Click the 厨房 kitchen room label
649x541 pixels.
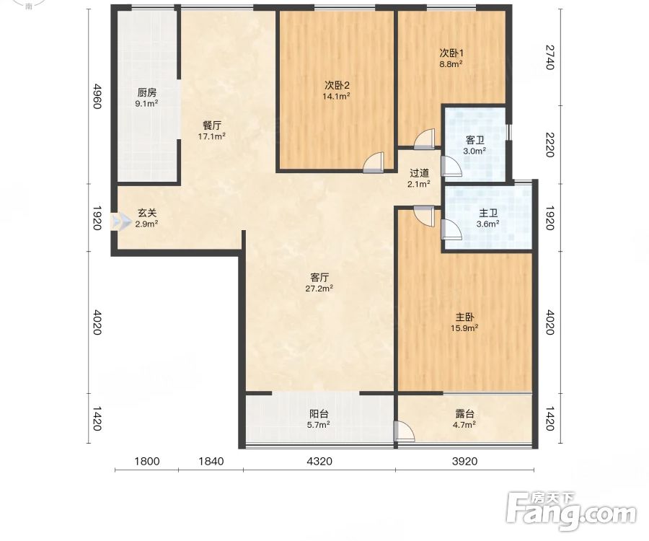[x=147, y=92]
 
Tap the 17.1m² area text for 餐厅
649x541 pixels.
[x=211, y=136]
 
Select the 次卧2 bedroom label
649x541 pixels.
[x=337, y=85]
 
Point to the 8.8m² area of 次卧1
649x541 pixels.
[x=451, y=64]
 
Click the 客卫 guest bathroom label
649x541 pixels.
[x=474, y=141]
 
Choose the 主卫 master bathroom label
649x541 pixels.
[x=488, y=214]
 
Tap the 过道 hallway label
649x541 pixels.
[x=419, y=173]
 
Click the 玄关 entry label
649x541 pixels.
[x=147, y=214]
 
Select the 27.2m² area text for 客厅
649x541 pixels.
[x=319, y=289]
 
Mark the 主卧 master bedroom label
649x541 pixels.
[x=465, y=317]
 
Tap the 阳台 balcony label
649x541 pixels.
[x=319, y=413]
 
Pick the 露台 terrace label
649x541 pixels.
[x=464, y=413]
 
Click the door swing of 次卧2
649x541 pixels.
[x=374, y=162]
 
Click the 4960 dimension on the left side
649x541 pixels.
[x=96, y=96]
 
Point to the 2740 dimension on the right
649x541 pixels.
[x=549, y=57]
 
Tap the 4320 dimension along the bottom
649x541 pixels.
[x=319, y=461]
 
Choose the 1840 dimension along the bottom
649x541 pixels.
[x=211, y=461]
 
